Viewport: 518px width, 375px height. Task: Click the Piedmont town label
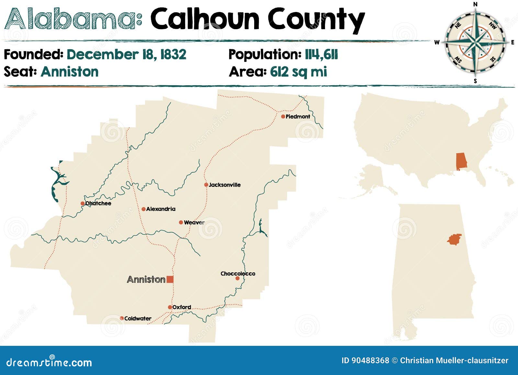click(298, 116)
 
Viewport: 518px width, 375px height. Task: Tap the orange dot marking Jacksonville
click(206, 185)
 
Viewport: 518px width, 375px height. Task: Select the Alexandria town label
click(161, 209)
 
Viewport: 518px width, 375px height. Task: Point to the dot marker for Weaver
click(181, 222)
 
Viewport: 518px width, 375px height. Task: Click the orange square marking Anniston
click(170, 279)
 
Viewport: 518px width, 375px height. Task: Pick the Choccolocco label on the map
click(238, 274)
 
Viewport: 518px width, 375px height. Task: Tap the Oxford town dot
click(170, 307)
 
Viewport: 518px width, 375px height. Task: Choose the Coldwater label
click(138, 318)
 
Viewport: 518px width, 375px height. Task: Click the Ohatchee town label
click(98, 203)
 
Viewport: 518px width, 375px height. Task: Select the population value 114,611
click(321, 54)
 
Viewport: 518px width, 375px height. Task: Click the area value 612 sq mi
click(298, 72)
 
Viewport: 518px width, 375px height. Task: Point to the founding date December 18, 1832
click(126, 54)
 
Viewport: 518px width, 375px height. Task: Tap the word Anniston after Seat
click(70, 72)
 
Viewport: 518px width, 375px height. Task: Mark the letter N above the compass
click(476, 4)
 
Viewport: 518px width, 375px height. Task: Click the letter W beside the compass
click(437, 42)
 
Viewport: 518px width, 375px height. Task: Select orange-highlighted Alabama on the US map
click(461, 161)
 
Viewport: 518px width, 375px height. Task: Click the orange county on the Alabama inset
click(455, 239)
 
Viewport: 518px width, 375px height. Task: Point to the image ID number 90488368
click(365, 360)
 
